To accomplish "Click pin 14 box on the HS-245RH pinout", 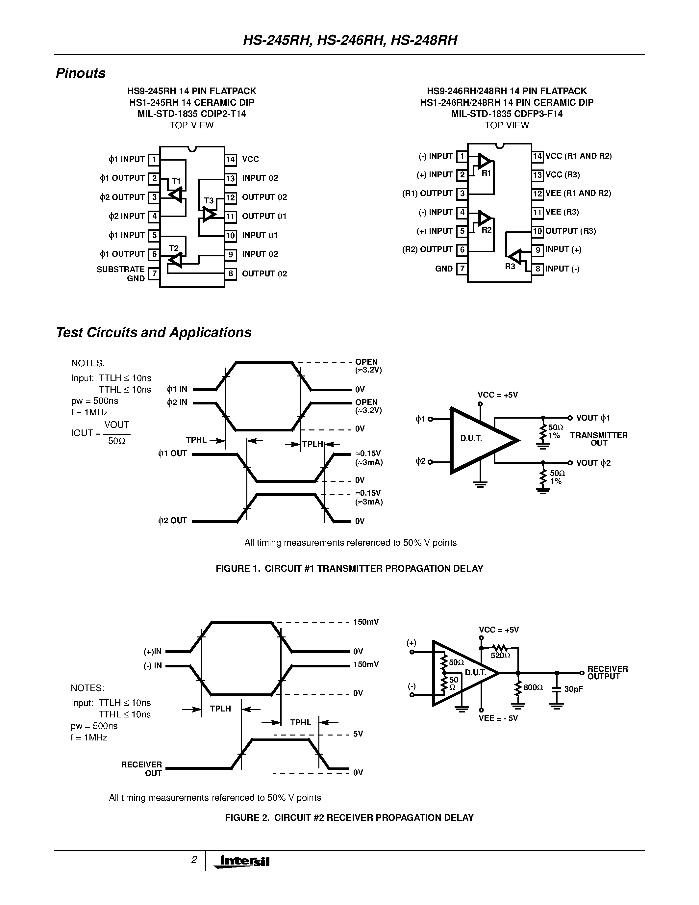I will [x=231, y=160].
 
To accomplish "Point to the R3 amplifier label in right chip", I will [x=510, y=267].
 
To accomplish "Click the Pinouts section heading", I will [x=80, y=73].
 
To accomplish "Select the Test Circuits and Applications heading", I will [x=153, y=332].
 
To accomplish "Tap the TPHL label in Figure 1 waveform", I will [x=196, y=440].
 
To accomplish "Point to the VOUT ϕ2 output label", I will [x=593, y=463].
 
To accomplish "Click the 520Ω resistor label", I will [x=500, y=656].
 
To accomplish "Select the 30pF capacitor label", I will [x=574, y=690].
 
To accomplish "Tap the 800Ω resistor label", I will [x=533, y=687].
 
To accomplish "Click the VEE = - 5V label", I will [x=498, y=718].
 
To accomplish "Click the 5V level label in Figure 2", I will [x=358, y=734].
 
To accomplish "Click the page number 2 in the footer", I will [x=194, y=860].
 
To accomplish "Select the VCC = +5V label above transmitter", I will [x=497, y=395].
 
